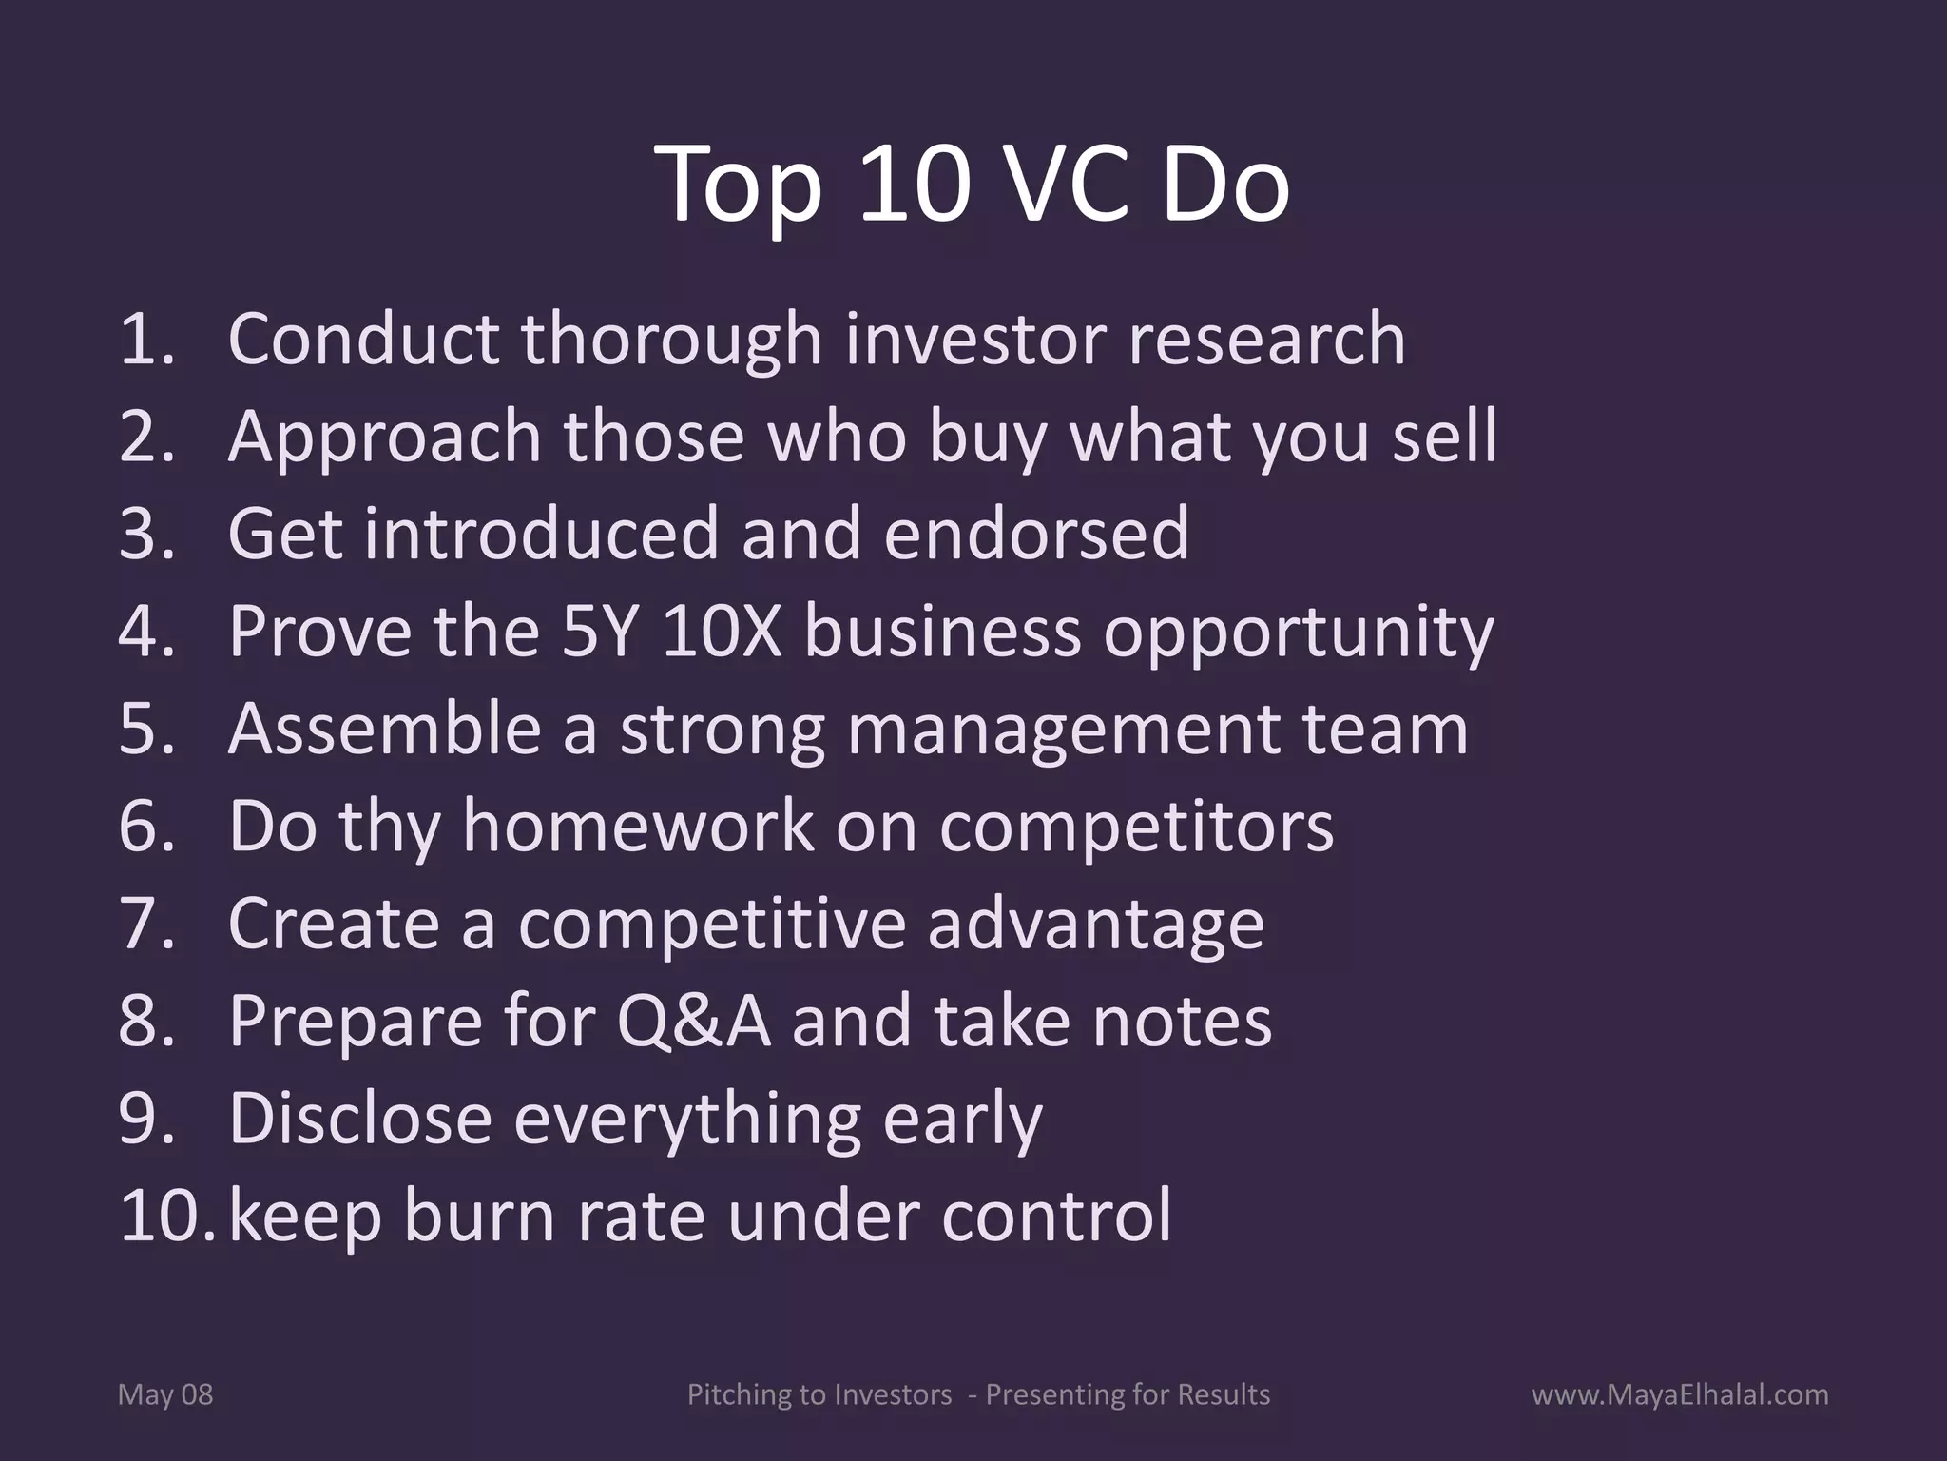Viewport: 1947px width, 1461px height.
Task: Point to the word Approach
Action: coord(383,438)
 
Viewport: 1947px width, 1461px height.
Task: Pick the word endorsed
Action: coord(1036,535)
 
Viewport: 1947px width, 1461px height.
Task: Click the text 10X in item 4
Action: coord(721,632)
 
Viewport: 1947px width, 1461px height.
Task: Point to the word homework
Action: coord(638,827)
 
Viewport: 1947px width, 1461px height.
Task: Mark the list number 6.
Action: coord(145,827)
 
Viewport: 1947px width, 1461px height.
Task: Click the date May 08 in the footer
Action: coord(165,1395)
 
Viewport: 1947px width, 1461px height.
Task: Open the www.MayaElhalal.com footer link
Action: coord(1680,1395)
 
